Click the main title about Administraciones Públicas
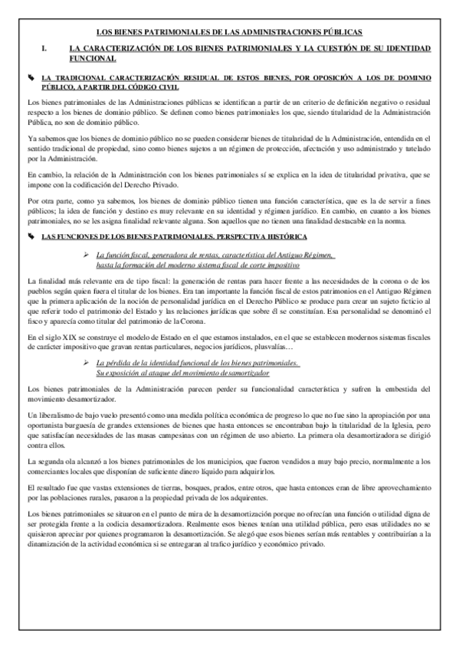(229, 31)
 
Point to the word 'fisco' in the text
(35, 323)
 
